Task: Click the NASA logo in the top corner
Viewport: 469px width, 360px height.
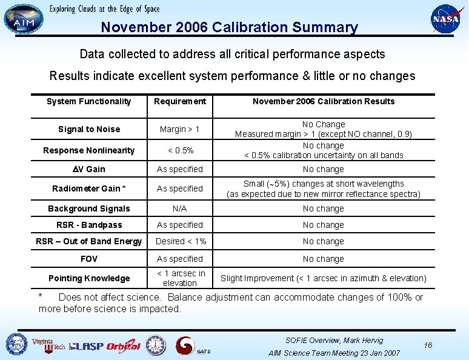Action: pyautogui.click(x=445, y=19)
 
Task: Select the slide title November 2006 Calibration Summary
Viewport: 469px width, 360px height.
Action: pyautogui.click(x=229, y=27)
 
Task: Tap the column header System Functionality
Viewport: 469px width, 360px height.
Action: pyautogui.click(x=88, y=101)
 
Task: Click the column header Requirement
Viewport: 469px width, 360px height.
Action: pyautogui.click(x=180, y=101)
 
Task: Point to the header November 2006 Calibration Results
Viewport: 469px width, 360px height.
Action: pyautogui.click(x=323, y=101)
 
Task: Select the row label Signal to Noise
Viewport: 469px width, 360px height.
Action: pyautogui.click(x=88, y=129)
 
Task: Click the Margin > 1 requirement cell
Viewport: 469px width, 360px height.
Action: pyautogui.click(x=179, y=129)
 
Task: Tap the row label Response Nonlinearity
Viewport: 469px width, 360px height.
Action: pyautogui.click(x=88, y=150)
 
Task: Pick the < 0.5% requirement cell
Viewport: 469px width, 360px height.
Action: pyautogui.click(x=179, y=150)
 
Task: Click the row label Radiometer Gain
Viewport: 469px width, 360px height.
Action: pyautogui.click(x=88, y=188)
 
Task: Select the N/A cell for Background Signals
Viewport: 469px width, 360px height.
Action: pyautogui.click(x=179, y=208)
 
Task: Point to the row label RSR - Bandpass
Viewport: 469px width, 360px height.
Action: pyautogui.click(x=88, y=225)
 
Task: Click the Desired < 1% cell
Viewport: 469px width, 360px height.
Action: pyautogui.click(x=181, y=241)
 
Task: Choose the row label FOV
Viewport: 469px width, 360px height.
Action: pyautogui.click(x=88, y=259)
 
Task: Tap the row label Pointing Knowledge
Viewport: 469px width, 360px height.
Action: pyautogui.click(x=89, y=278)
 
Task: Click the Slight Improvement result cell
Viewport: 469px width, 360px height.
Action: pyautogui.click(x=323, y=278)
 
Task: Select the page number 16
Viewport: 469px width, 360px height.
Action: pyautogui.click(x=428, y=345)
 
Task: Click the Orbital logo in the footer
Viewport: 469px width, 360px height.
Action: pyautogui.click(x=123, y=347)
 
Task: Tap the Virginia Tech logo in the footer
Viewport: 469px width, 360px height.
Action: pyautogui.click(x=48, y=345)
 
